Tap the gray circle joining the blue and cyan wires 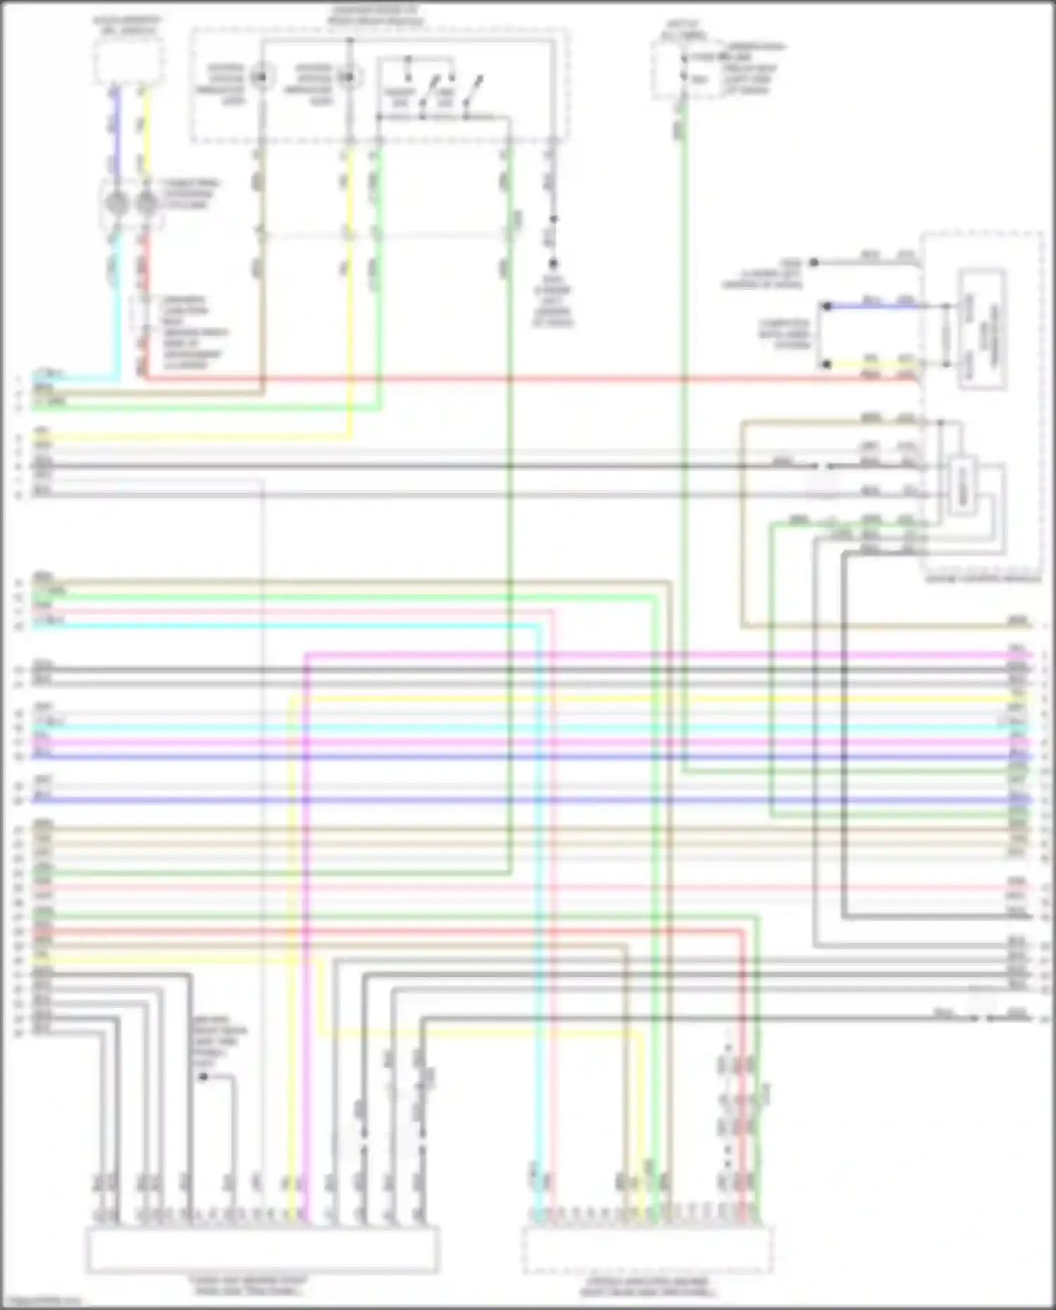coord(116,204)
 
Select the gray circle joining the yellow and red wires coord(146,204)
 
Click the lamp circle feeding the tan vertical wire coord(261,76)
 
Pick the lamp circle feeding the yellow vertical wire coord(348,76)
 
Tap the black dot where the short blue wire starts coord(828,307)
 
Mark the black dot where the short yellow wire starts coord(828,365)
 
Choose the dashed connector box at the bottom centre coord(647,1249)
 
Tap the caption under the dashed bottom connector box coord(647,1287)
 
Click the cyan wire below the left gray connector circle coord(117,303)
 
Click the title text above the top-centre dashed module coord(376,16)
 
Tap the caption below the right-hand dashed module coord(983,579)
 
